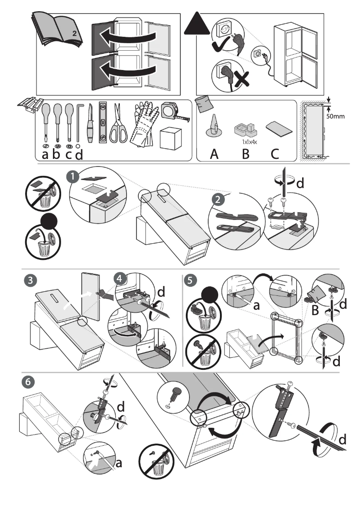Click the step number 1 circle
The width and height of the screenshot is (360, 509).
71,177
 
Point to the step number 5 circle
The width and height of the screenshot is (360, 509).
191,280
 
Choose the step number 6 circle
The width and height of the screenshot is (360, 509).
27,382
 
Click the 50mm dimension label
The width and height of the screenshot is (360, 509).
335,117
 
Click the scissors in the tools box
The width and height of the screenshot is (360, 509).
119,123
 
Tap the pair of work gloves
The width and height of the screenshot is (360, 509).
145,125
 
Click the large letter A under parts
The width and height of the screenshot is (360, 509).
215,154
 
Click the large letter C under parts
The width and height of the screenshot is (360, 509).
275,154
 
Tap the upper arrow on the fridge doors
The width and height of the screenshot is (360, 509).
128,36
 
